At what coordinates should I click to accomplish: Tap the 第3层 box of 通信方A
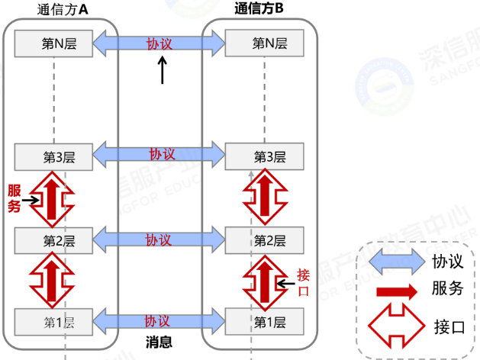tap(54, 157)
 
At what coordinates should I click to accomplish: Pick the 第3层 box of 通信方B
tap(264, 157)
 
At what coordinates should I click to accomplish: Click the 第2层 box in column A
tap(54, 241)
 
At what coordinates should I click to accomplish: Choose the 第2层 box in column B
tap(264, 241)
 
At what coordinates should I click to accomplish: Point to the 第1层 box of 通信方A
tap(54, 321)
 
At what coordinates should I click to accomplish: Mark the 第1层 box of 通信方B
tap(264, 321)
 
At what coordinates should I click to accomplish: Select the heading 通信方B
tap(260, 9)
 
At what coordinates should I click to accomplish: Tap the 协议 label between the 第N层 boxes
tap(159, 43)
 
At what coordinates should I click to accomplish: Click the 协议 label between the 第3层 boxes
tap(159, 155)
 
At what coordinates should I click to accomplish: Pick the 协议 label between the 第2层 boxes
tap(159, 239)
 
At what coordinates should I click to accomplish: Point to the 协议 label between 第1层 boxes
tap(159, 320)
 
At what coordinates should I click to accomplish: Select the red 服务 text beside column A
tap(14, 198)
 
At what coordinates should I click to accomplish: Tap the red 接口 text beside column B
tap(303, 282)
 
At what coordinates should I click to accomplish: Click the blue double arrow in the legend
tap(394, 262)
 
